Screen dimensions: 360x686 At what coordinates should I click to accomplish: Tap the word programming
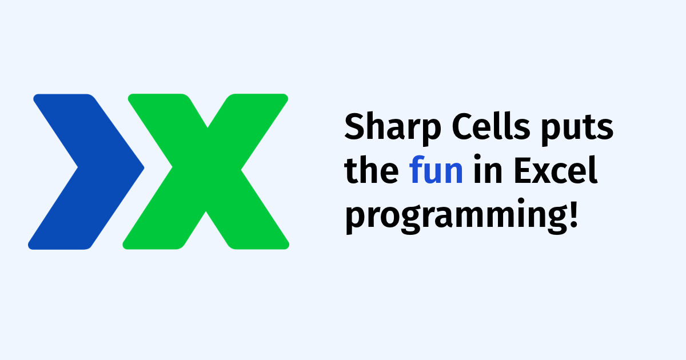pos(452,217)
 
